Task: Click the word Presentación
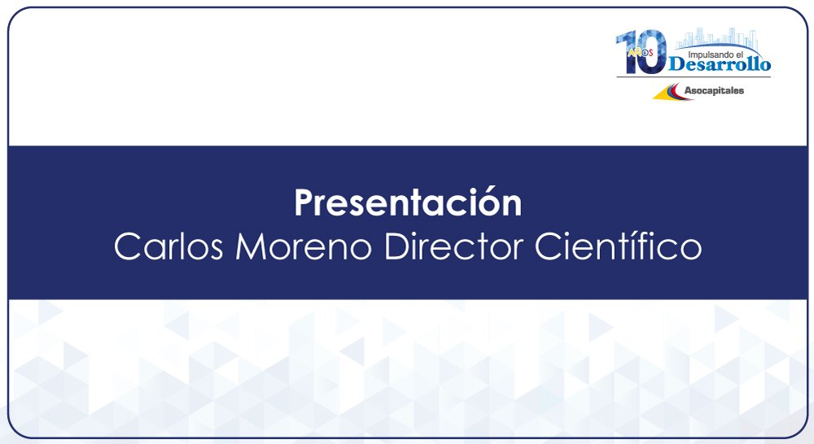tap(408, 202)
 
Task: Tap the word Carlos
tap(168, 246)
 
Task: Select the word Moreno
tap(304, 247)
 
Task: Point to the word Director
tap(453, 246)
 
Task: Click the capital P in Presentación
tap(304, 202)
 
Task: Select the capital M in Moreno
tap(251, 247)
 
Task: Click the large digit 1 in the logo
tap(629, 52)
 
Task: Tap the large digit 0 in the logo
tap(653, 51)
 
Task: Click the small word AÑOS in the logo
tap(640, 52)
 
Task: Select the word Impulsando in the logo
tap(708, 54)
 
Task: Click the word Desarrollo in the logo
tap(720, 64)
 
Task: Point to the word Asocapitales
tap(714, 90)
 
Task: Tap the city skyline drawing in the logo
tap(716, 39)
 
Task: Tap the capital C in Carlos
tap(127, 247)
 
